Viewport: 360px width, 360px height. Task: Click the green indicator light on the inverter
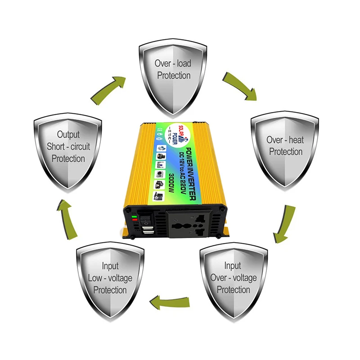pyautogui.click(x=135, y=217)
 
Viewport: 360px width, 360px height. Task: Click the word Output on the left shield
pyautogui.click(x=68, y=135)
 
